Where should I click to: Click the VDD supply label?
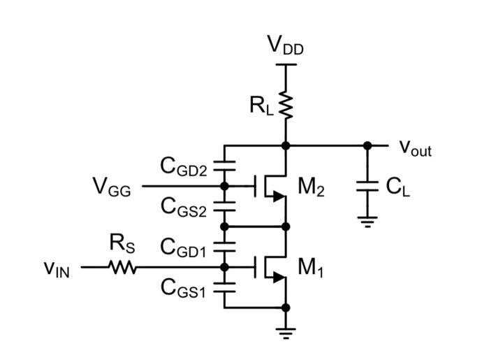pyautogui.click(x=286, y=45)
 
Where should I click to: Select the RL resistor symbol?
pyautogui.click(x=286, y=105)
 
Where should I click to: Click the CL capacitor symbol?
pyautogui.click(x=367, y=187)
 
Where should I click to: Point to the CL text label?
pyautogui.click(x=397, y=187)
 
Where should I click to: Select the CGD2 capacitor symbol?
pyautogui.click(x=224, y=166)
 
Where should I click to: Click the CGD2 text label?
pyautogui.click(x=184, y=166)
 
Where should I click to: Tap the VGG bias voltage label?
pyautogui.click(x=112, y=187)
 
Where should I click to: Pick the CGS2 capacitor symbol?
pyautogui.click(x=224, y=207)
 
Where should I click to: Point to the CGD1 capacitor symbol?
pyautogui.click(x=224, y=247)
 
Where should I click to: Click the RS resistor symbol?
pyautogui.click(x=123, y=267)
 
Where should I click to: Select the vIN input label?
pyautogui.click(x=57, y=268)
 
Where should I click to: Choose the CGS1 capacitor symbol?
pyautogui.click(x=224, y=287)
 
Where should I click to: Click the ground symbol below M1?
pyautogui.click(x=286, y=330)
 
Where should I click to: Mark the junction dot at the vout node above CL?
pyautogui.click(x=367, y=145)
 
